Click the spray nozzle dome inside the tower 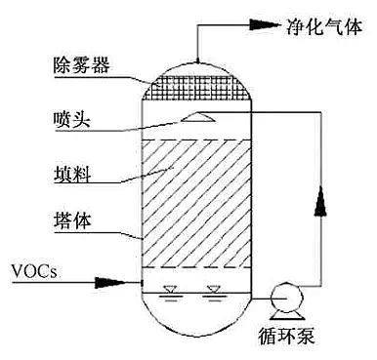coord(195,117)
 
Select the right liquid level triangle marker coord(213,289)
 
